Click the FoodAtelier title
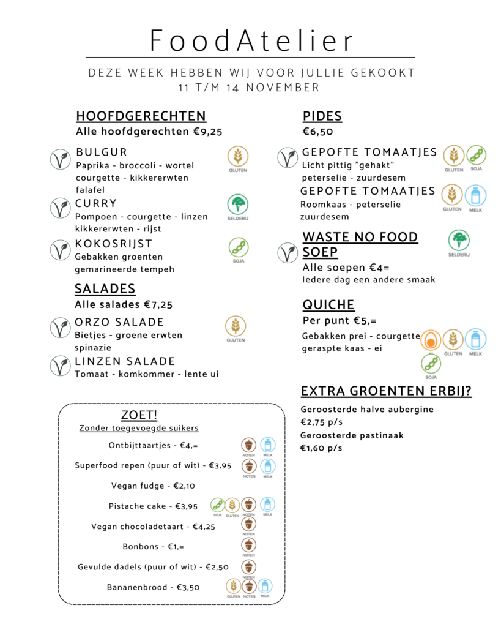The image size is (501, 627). [251, 42]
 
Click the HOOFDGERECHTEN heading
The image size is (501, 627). [141, 116]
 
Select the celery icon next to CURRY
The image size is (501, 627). [237, 204]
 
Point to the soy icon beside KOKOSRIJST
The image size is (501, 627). [238, 247]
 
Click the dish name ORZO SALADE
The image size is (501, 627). [119, 322]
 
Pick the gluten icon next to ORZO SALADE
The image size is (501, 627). [236, 326]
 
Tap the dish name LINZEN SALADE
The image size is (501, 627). [125, 361]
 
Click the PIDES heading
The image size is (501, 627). [322, 116]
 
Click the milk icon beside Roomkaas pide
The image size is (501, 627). [475, 195]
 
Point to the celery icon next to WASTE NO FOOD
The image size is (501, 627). [458, 241]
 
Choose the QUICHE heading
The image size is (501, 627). [328, 305]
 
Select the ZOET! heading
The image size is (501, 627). [139, 415]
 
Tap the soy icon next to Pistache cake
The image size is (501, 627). [217, 505]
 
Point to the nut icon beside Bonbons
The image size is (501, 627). [248, 545]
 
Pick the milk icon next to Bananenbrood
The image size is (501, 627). [265, 585]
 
